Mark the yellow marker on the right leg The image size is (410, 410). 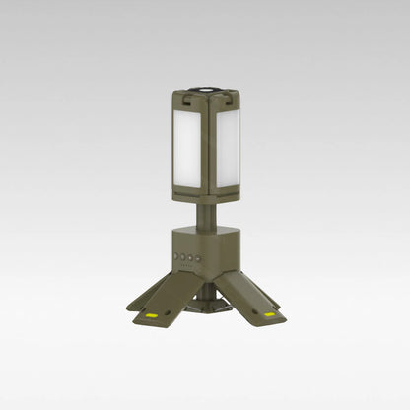tap(270, 316)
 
